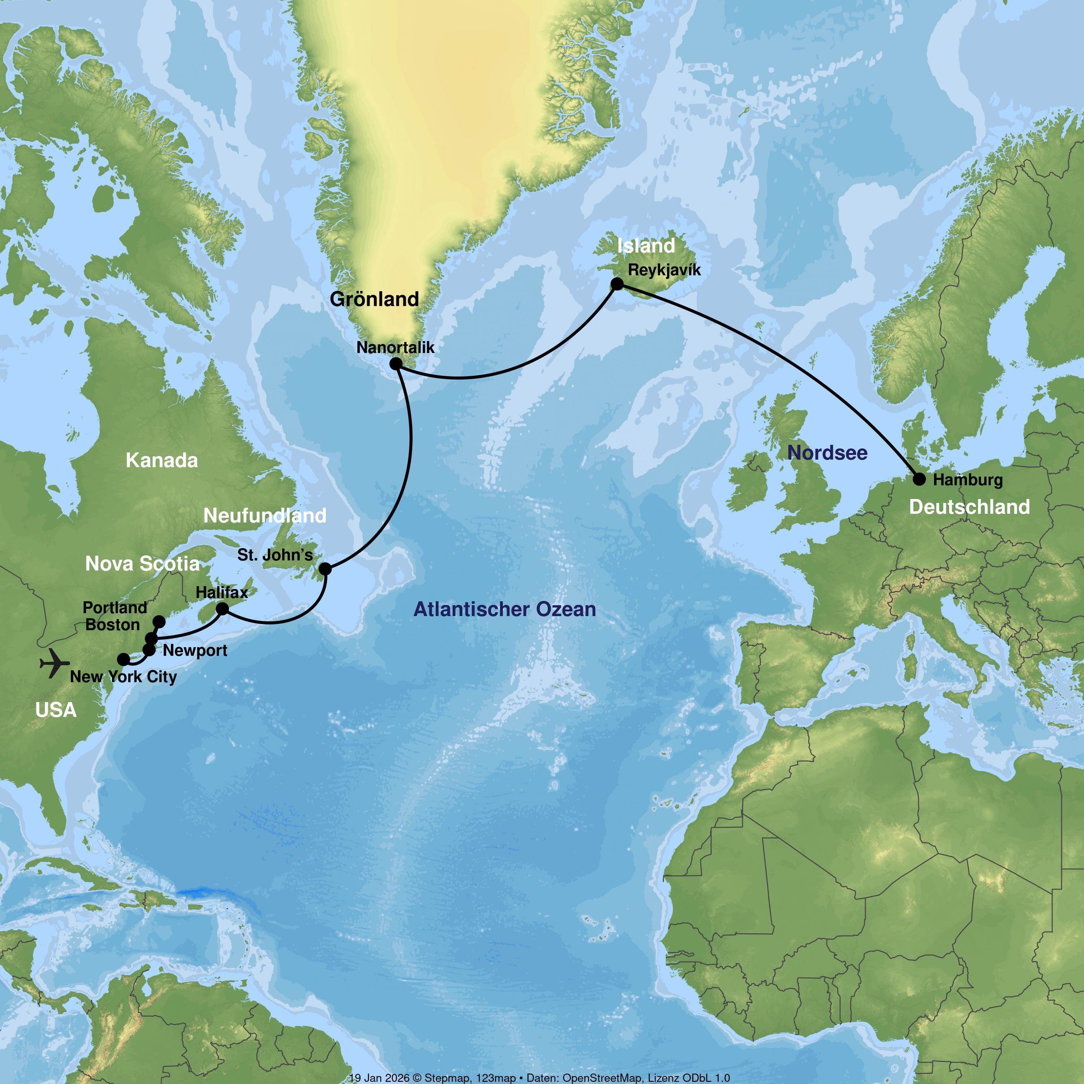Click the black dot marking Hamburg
click(919, 479)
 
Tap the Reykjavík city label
click(664, 270)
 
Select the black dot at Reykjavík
click(617, 284)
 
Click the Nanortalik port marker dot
click(396, 364)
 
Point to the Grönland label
click(374, 299)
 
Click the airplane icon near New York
click(55, 663)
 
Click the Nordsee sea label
click(827, 453)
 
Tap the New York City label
click(124, 677)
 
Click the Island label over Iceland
click(646, 246)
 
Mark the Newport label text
click(195, 651)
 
